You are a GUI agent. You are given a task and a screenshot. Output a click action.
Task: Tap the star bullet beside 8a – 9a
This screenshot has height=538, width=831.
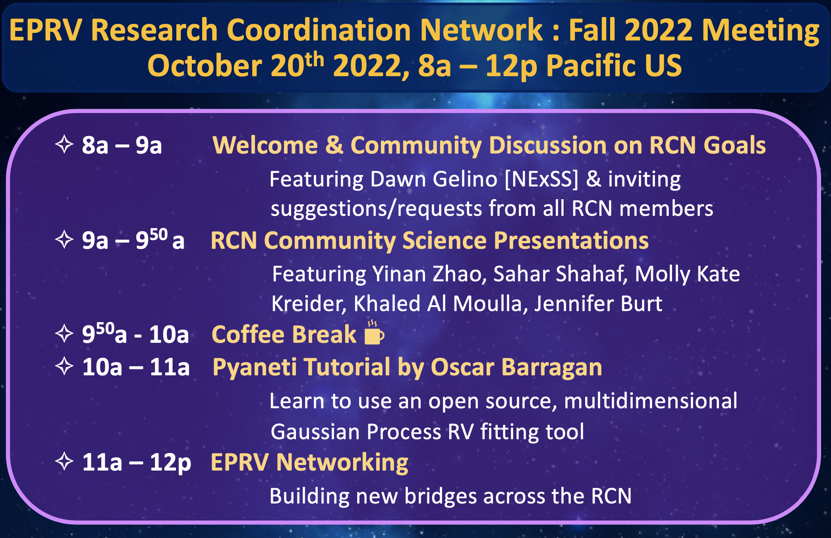[64, 144]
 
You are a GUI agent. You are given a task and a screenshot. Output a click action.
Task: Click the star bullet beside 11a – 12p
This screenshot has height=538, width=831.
[64, 461]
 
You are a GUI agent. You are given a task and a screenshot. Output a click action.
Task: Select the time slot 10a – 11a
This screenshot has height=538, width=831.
[136, 367]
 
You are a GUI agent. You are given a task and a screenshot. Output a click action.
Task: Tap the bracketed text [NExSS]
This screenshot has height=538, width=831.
[541, 179]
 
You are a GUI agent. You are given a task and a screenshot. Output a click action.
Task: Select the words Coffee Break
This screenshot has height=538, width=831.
[284, 334]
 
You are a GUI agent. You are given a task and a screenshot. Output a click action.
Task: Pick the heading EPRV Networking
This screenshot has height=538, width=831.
[309, 462]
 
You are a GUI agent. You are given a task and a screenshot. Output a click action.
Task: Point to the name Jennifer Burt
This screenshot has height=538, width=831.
[598, 304]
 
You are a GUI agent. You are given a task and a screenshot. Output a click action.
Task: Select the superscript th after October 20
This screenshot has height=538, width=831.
[315, 60]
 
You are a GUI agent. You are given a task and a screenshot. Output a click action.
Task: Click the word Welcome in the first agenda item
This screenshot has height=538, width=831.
[265, 145]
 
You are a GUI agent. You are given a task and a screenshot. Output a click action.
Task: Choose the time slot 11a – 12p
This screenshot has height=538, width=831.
[137, 463]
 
